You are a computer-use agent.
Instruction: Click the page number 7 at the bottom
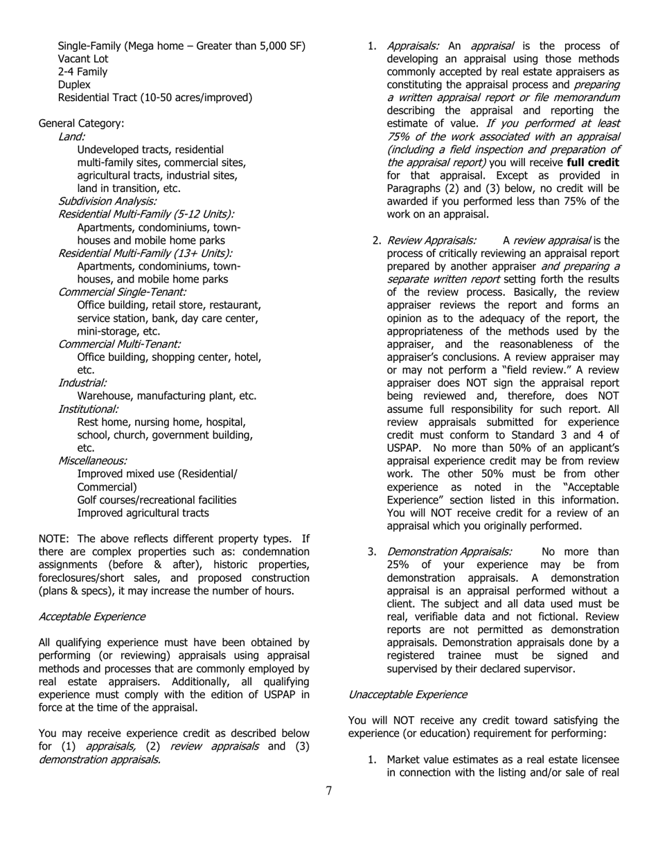[329, 790]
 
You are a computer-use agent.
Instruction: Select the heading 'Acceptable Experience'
[92, 616]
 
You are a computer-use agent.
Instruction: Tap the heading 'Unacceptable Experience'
[407, 694]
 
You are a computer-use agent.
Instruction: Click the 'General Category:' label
[82, 123]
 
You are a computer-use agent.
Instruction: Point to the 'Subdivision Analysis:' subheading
[107, 202]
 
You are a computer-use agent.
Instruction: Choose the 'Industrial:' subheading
[82, 383]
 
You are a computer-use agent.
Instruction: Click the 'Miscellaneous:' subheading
[92, 461]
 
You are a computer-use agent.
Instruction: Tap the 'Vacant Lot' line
[83, 59]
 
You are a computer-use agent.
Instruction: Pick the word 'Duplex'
[74, 85]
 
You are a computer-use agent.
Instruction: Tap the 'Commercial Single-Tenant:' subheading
[122, 292]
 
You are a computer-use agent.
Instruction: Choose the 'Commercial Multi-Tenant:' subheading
[119, 344]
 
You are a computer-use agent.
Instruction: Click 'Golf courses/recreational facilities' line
[157, 500]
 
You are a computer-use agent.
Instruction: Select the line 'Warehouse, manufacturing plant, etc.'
[167, 396]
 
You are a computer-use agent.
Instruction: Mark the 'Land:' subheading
[72, 136]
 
